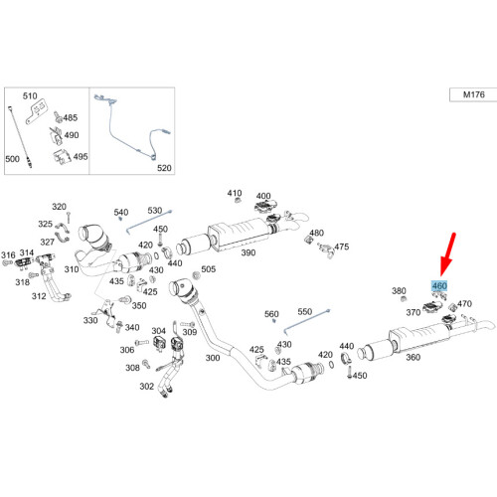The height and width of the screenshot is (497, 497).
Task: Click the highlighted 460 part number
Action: click(439, 285)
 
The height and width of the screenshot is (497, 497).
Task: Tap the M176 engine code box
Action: click(473, 94)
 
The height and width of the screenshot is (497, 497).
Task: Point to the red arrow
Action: click(448, 254)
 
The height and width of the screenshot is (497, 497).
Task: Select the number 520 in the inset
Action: click(164, 168)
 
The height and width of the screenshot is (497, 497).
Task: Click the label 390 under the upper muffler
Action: click(248, 252)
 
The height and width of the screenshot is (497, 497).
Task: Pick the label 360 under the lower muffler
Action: click(414, 357)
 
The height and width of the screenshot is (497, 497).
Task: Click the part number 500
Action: click(13, 159)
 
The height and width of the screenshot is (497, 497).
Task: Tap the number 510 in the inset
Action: click(30, 96)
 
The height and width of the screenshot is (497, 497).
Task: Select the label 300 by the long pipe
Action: click(213, 358)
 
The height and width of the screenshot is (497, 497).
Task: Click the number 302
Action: click(147, 386)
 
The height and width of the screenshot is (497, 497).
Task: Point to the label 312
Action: click(39, 296)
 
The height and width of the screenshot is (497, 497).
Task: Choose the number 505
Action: click(209, 269)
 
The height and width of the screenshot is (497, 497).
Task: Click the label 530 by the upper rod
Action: click(155, 211)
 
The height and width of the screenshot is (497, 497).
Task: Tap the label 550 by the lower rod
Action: click(305, 311)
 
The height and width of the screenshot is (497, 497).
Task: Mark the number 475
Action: click(342, 247)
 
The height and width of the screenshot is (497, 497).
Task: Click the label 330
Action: click(90, 320)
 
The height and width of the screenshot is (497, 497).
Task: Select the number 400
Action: click(263, 196)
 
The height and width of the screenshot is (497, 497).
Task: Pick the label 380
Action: click(399, 291)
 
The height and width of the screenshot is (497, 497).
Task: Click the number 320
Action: click(59, 207)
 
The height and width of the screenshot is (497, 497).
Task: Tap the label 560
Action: click(271, 314)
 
